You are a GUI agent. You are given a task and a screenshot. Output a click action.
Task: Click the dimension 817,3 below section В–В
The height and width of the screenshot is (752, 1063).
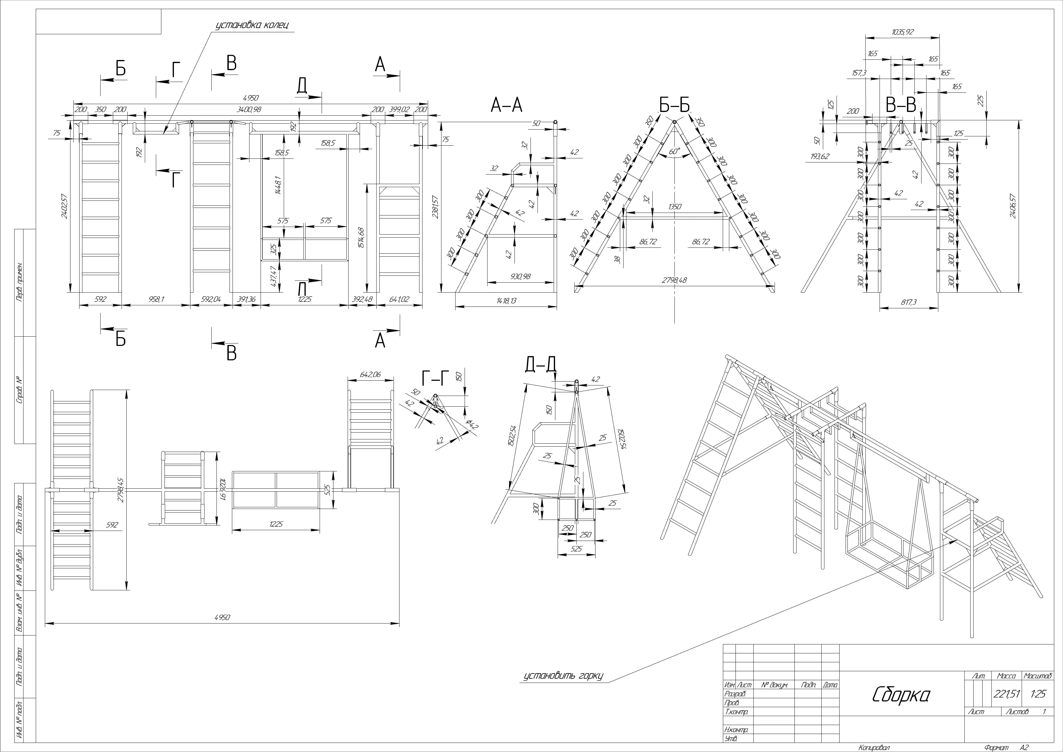(908, 302)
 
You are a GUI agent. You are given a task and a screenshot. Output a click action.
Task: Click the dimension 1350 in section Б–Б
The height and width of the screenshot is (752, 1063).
(675, 207)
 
